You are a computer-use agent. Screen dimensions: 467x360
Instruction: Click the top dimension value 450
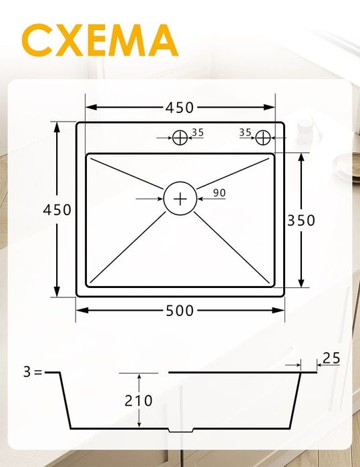(x=180, y=107)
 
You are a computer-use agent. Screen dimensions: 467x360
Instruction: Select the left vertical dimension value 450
(x=57, y=209)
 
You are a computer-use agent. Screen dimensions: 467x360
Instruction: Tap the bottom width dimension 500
(x=180, y=310)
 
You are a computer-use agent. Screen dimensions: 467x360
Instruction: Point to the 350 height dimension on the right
(x=301, y=220)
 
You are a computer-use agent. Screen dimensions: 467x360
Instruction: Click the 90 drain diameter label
(x=219, y=193)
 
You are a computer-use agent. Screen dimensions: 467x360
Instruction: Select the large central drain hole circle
(x=180, y=198)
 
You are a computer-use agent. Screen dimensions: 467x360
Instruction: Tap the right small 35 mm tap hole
(x=264, y=137)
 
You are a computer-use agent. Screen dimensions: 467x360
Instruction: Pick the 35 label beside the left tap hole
(x=197, y=132)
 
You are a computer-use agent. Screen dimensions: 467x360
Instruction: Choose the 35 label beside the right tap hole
(x=245, y=132)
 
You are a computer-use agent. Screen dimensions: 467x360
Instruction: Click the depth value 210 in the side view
(x=138, y=401)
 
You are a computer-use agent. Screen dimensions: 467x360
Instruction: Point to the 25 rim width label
(x=331, y=358)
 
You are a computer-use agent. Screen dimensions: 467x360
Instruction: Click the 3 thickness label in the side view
(x=27, y=372)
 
